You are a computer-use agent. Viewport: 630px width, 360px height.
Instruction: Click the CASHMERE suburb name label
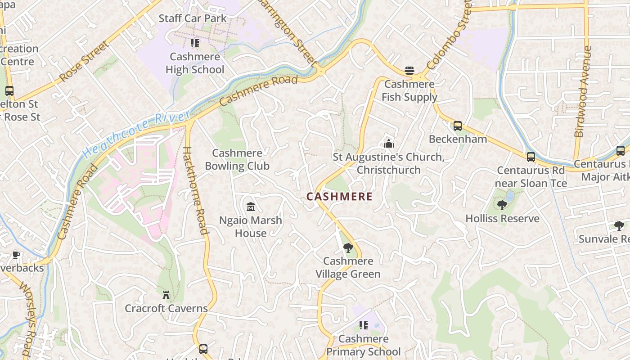[339, 197]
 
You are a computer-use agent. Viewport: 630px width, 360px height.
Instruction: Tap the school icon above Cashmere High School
[194, 43]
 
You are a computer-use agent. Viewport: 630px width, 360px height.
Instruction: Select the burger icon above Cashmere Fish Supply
[409, 71]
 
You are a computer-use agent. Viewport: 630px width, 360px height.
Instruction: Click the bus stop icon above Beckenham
[458, 126]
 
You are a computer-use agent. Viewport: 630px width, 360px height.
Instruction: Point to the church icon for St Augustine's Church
[389, 144]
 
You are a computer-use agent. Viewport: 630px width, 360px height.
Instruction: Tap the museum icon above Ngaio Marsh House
[251, 207]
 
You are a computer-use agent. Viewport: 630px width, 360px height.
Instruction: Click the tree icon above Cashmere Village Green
[348, 247]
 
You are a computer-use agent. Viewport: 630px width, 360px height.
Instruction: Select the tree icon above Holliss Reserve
[502, 205]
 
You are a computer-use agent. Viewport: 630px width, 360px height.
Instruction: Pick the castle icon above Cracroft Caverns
[166, 295]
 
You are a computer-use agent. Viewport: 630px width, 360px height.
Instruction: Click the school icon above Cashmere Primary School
[363, 325]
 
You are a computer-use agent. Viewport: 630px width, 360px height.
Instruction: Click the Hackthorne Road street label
[196, 191]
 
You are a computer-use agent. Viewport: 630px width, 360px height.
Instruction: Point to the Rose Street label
[84, 62]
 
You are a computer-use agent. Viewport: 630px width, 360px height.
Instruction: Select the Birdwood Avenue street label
[582, 91]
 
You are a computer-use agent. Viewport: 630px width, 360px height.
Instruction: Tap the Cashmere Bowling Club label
[237, 160]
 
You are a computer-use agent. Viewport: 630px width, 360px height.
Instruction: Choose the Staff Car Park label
[193, 18]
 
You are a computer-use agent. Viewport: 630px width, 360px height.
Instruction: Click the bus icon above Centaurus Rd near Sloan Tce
[531, 157]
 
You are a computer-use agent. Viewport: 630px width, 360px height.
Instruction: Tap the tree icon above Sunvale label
[619, 226]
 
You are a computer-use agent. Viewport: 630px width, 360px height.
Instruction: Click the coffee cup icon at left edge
[16, 255]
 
